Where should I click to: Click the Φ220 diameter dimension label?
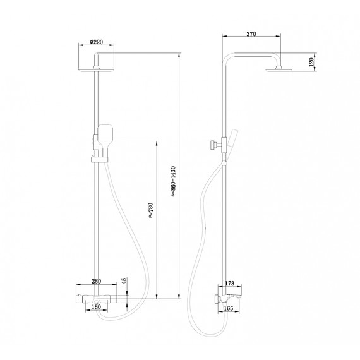pyautogui.click(x=97, y=42)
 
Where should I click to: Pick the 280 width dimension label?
pyautogui.click(x=97, y=281)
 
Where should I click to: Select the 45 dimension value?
pyautogui.click(x=124, y=280)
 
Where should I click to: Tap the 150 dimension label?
pyautogui.click(x=97, y=307)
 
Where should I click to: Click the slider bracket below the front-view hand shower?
pyautogui.click(x=99, y=159)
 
